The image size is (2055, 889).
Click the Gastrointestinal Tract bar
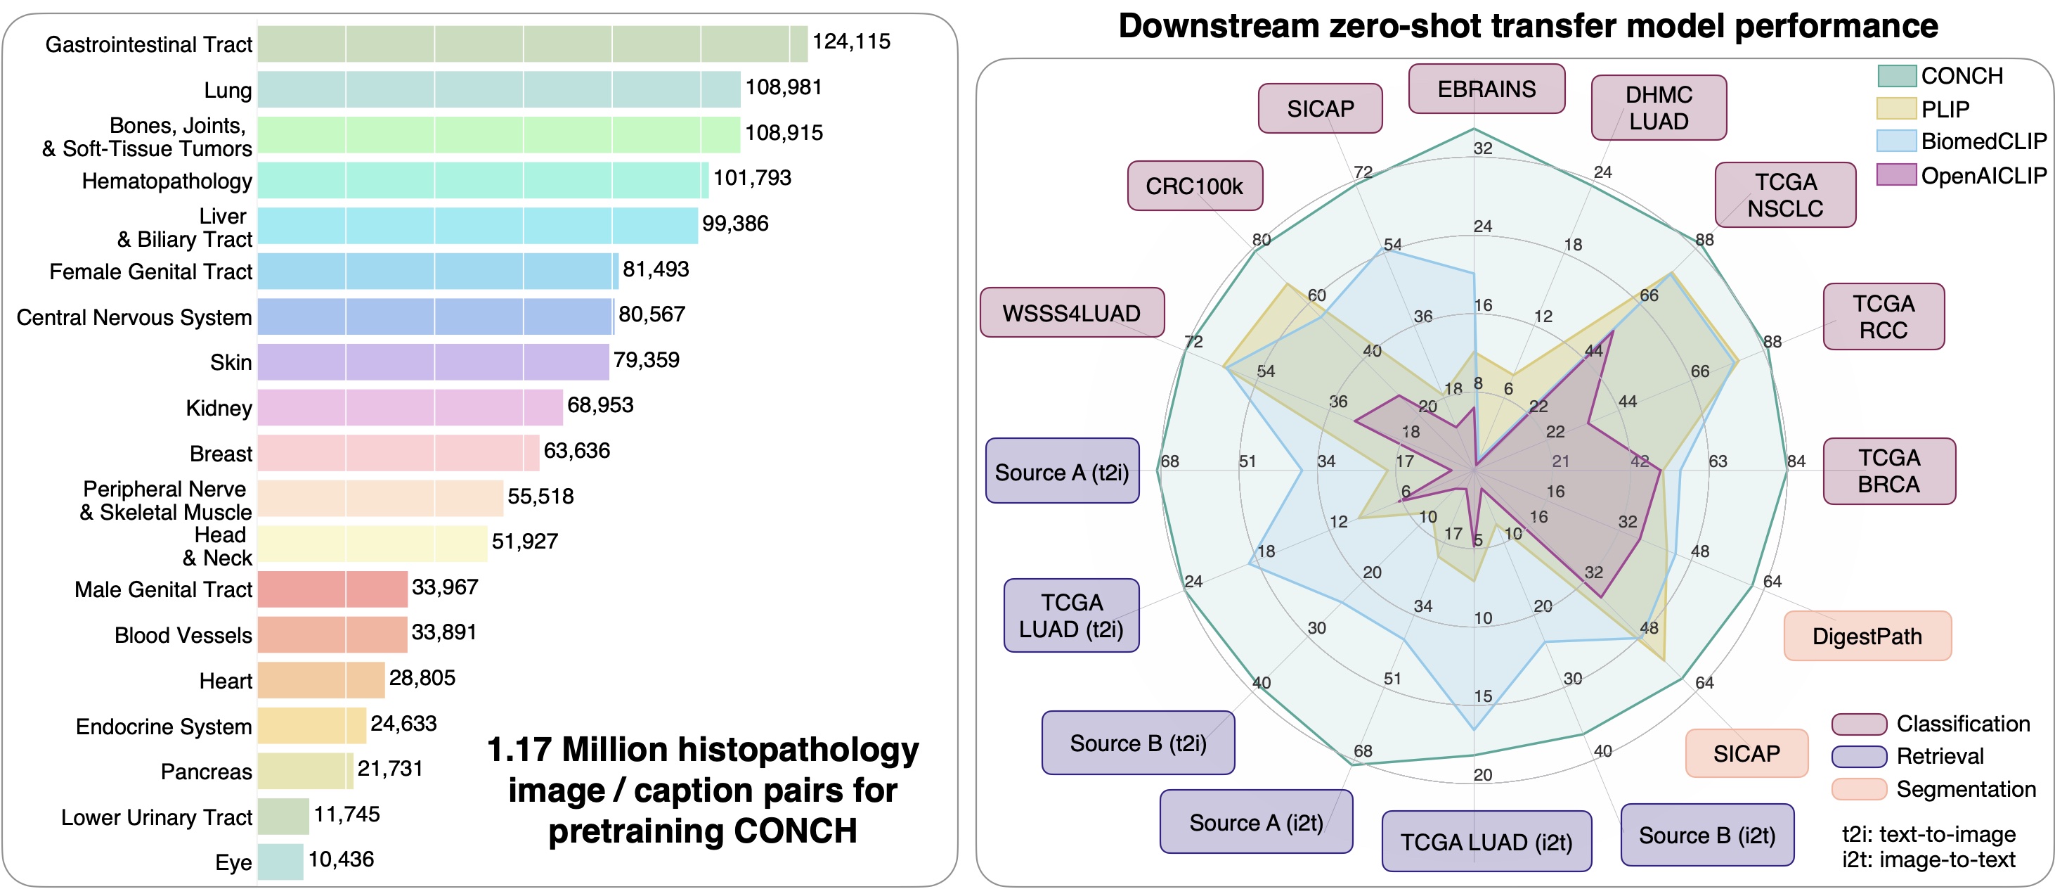pos(532,44)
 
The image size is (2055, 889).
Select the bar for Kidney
pos(410,407)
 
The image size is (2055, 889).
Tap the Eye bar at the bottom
pos(280,862)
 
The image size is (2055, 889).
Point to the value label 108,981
pos(784,87)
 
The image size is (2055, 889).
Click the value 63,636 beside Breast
pos(577,451)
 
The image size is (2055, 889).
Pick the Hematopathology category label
pos(167,181)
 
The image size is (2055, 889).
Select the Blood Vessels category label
pos(183,635)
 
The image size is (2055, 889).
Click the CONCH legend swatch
pos(1896,76)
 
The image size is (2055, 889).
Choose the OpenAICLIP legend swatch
pos(1896,174)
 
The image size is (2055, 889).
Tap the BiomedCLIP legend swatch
pos(1896,141)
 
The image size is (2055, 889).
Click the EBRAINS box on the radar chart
pos(1486,89)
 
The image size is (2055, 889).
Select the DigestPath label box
pos(1867,636)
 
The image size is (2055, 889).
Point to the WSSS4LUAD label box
pos(1071,313)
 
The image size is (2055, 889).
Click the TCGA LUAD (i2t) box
pos(1486,841)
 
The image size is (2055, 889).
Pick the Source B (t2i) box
pos(1138,743)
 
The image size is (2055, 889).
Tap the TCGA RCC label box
pos(1883,316)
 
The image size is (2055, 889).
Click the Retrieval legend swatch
pos(1859,756)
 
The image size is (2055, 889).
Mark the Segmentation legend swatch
pos(1859,789)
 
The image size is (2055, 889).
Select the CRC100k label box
pos(1194,186)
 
